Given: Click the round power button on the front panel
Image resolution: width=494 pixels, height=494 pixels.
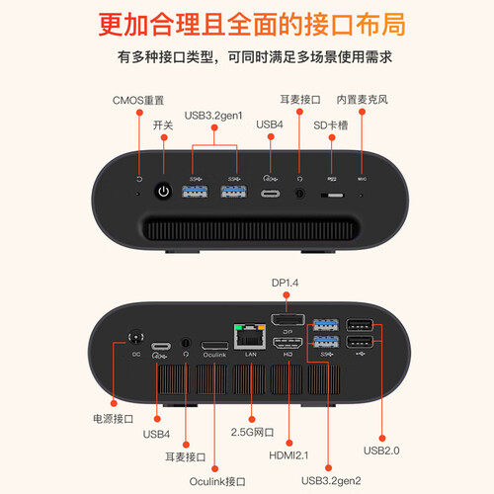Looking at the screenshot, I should click(x=165, y=191).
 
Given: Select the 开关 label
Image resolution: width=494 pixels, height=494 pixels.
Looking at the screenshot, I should click(x=164, y=126).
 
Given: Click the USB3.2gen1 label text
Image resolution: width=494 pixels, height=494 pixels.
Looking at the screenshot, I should click(x=216, y=115).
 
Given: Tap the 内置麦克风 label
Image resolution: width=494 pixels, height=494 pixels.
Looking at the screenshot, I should click(x=363, y=99).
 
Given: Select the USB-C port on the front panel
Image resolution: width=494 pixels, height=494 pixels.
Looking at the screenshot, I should click(x=270, y=192).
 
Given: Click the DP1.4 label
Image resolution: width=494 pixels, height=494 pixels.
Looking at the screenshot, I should click(x=287, y=284).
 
